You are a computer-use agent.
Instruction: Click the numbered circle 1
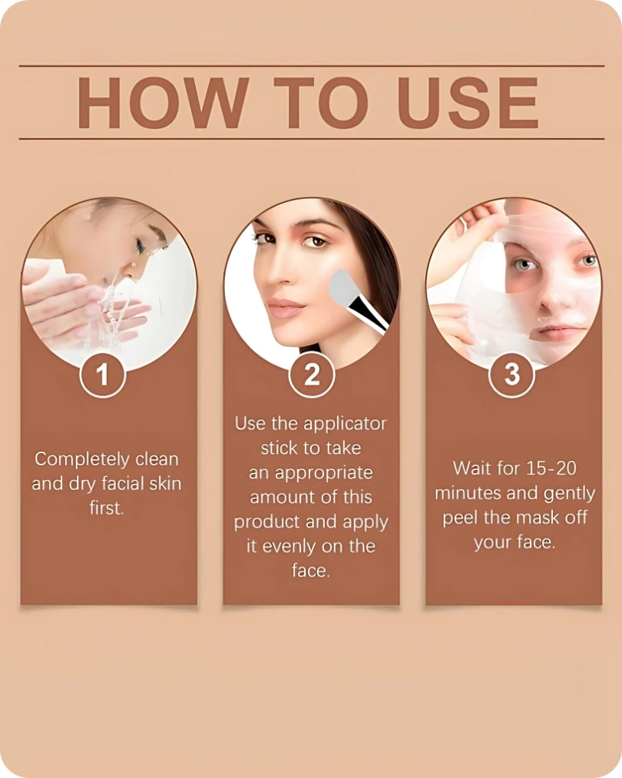[x=102, y=375]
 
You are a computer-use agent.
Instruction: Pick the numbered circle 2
[x=311, y=375]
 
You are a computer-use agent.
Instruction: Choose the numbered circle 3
[x=512, y=375]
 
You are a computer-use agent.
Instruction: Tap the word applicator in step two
[x=345, y=423]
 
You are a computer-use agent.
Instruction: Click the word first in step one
[x=106, y=508]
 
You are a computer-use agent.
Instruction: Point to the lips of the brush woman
[x=286, y=308]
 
